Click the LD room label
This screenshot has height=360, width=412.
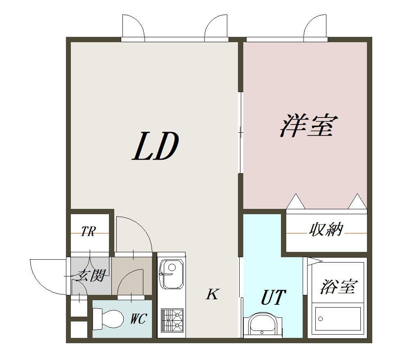point(156,147)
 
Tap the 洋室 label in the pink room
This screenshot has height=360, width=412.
point(309,126)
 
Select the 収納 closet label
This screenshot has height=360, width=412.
point(326,230)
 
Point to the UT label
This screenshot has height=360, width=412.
point(273,298)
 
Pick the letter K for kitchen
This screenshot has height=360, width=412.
point(212,294)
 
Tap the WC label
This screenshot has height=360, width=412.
point(138,319)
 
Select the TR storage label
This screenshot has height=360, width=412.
point(88,232)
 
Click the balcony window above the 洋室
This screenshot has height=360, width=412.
point(287,39)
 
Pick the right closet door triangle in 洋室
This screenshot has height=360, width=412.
point(357,202)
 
